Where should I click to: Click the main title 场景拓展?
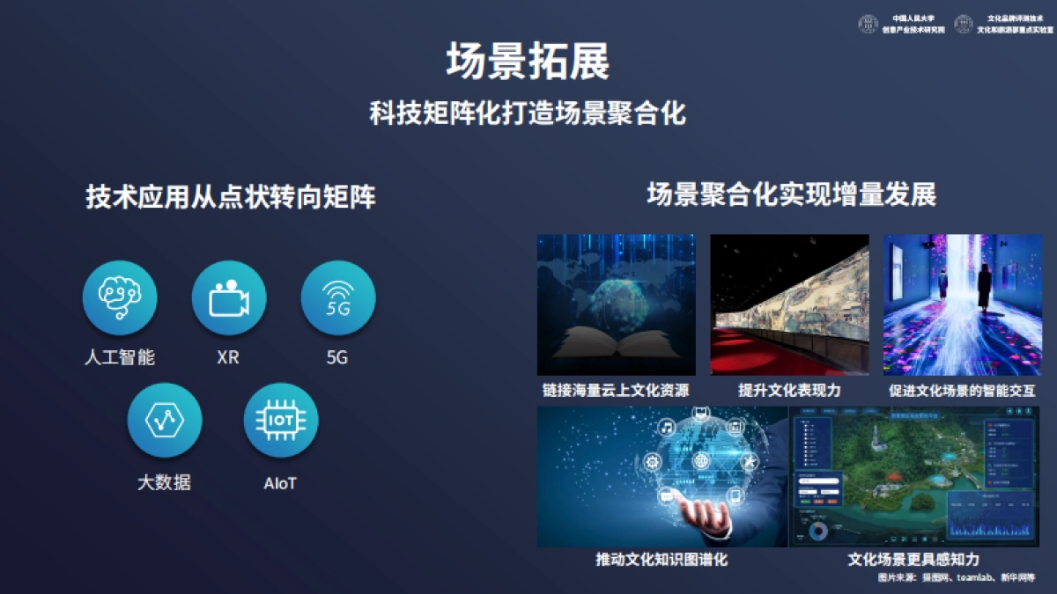528,62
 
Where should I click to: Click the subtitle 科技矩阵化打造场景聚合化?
528,114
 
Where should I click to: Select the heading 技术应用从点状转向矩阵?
231,197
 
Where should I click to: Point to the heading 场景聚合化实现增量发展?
791,194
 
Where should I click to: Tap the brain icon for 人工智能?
120,297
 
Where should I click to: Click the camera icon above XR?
229,297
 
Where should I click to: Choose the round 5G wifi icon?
338,297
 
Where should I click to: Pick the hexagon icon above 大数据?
165,421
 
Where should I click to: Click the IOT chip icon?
281,421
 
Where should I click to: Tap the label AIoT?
280,483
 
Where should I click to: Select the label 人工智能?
120,358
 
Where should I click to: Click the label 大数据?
164,483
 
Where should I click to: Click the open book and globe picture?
616,304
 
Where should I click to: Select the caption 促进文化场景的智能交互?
962,390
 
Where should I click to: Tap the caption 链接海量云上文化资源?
616,390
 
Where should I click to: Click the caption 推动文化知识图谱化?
662,560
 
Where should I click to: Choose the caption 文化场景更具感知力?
913,560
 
